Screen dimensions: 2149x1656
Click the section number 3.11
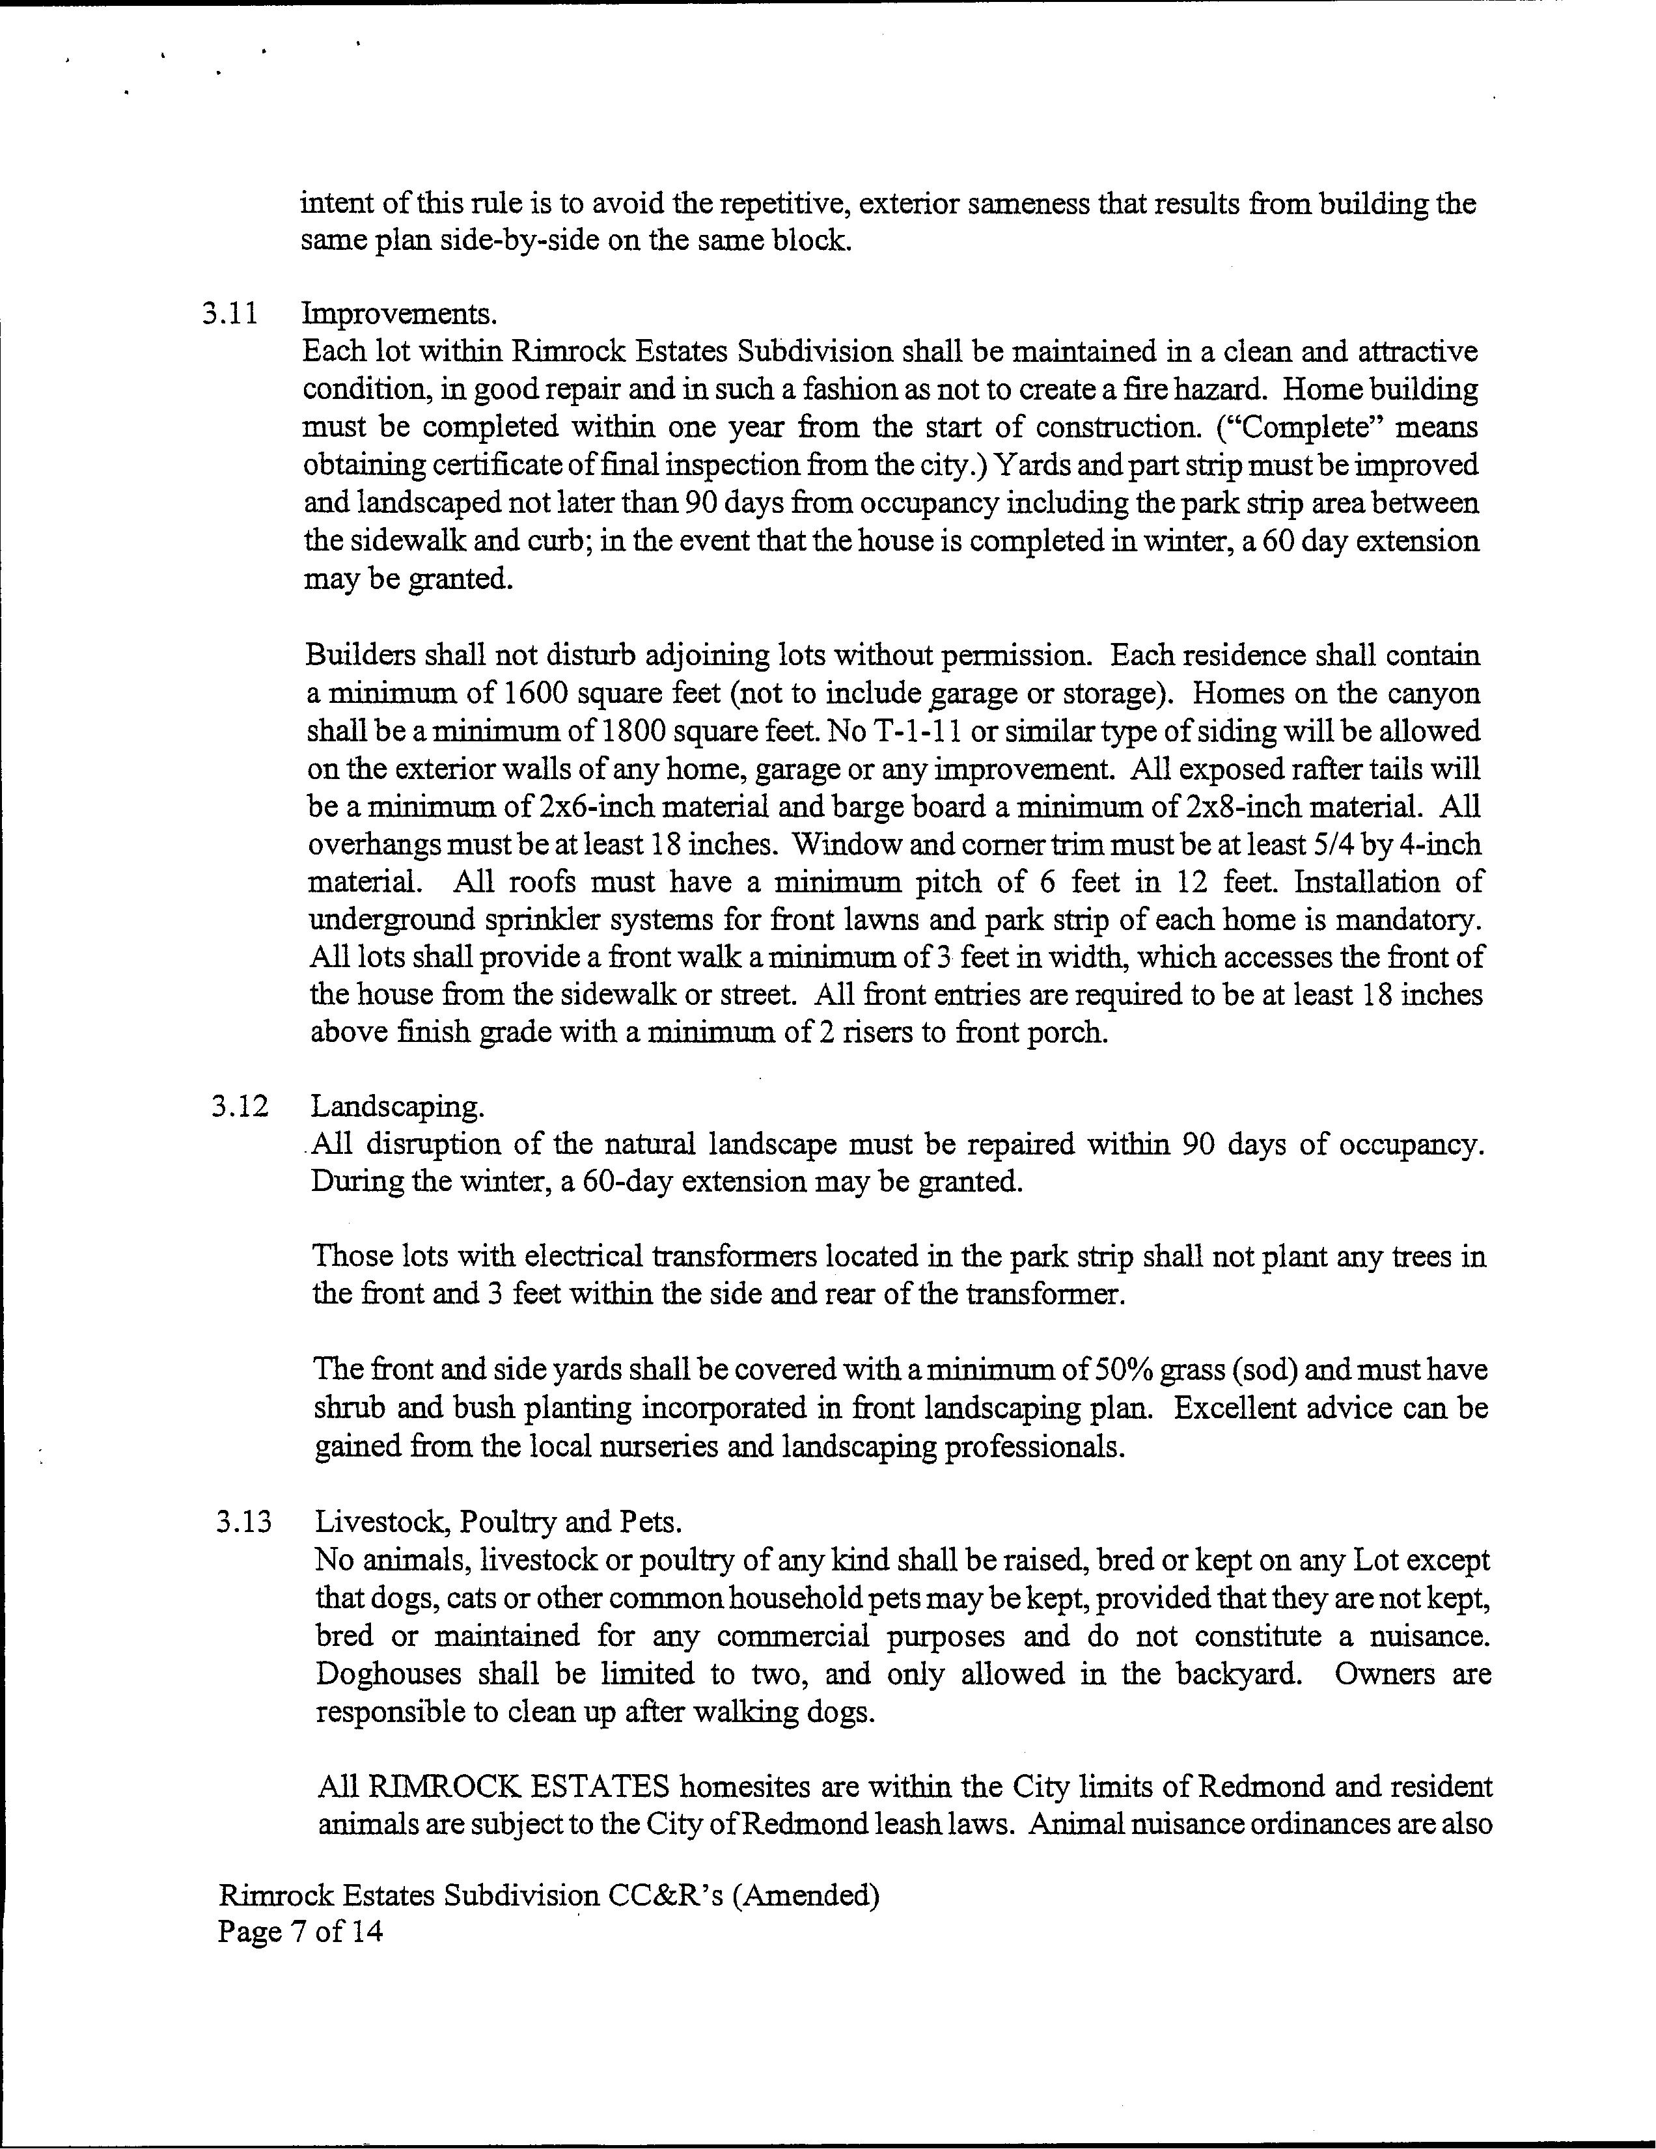(229, 315)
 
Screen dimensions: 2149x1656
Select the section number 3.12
(239, 1107)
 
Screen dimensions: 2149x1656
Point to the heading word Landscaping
(398, 1107)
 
